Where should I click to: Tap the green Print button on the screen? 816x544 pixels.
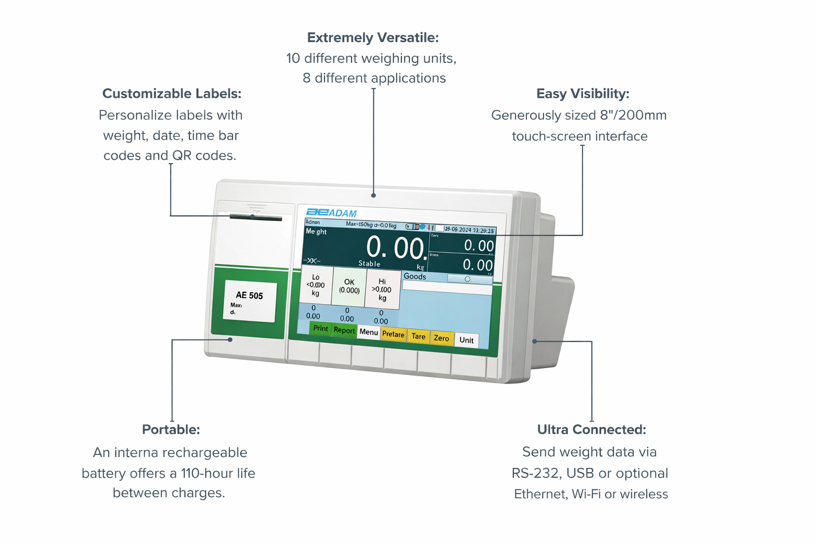coord(320,328)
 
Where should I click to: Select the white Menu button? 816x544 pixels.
coord(368,332)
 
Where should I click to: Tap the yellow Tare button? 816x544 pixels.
coord(418,336)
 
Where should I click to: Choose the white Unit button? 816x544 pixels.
coord(466,340)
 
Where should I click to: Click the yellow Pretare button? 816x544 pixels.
coord(393,334)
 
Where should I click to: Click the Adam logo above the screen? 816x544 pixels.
coord(331,212)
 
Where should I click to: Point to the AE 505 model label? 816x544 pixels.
coord(250,301)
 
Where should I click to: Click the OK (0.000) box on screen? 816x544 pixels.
coord(349,286)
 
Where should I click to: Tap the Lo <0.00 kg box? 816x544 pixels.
coord(316,285)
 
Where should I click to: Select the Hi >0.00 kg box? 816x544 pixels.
coord(382,290)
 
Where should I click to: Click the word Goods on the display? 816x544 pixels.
coord(415,276)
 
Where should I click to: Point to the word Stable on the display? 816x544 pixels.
coord(369,263)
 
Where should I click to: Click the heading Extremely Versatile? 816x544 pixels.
coord(373,38)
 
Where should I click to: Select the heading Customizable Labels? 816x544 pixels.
coord(172,93)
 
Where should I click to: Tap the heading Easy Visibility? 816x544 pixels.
coord(583,93)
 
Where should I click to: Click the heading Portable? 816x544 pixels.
coord(171,429)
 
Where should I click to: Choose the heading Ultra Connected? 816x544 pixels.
coord(591,429)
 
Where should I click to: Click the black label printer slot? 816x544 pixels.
coord(256,217)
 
